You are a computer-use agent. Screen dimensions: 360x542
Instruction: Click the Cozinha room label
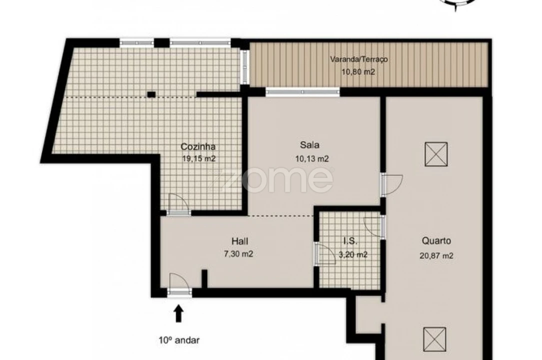[198, 147]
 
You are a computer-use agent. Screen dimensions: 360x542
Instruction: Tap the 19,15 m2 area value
[199, 158]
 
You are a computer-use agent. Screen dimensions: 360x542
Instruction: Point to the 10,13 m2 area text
[312, 159]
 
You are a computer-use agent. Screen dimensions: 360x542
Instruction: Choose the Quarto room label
[436, 241]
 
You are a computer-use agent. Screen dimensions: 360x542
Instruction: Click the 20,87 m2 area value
[436, 255]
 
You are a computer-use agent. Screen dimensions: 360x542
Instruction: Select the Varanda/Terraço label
[358, 59]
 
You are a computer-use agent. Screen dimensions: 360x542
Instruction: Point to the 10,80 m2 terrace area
[358, 72]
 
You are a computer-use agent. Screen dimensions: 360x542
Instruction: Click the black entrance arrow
[178, 313]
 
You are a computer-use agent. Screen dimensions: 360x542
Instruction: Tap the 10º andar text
[178, 340]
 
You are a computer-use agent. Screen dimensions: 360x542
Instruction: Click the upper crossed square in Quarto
[436, 154]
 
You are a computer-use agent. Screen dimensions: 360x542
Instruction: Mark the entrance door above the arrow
[179, 285]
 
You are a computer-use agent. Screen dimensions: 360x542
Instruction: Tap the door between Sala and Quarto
[391, 184]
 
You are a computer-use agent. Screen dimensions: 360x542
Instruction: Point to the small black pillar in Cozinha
[151, 93]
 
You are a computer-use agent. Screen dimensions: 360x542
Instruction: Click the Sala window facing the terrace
[302, 92]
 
